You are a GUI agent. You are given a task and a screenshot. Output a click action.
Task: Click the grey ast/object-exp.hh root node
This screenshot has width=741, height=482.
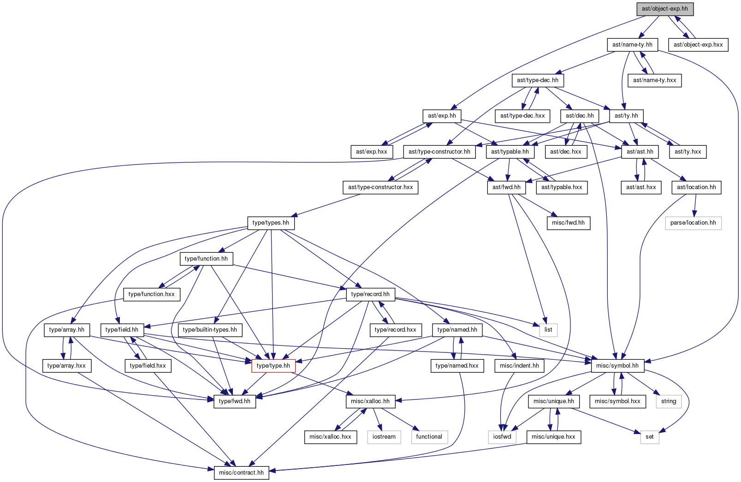[665, 9]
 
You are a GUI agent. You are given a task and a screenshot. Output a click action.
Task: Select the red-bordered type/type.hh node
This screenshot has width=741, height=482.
[273, 366]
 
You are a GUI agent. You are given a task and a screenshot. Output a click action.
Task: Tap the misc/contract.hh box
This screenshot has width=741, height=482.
[241, 473]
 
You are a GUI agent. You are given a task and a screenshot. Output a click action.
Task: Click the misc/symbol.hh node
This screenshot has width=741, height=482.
[617, 366]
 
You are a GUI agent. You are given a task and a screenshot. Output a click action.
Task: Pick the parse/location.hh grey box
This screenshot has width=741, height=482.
[693, 223]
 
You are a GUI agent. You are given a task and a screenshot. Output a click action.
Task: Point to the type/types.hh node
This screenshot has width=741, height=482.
[271, 223]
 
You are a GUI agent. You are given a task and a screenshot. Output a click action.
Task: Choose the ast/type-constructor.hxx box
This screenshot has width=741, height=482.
[380, 187]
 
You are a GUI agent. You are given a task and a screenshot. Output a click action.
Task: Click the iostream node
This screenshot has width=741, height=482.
[384, 437]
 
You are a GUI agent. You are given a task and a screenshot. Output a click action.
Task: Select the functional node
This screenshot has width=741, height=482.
[429, 437]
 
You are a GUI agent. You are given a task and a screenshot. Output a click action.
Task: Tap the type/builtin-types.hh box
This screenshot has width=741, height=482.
[210, 330]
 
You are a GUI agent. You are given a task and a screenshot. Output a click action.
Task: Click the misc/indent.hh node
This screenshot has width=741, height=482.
[519, 366]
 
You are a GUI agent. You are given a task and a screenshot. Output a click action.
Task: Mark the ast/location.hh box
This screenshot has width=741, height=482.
[696, 187]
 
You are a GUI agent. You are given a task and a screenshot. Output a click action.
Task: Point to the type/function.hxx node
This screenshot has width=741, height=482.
[152, 294]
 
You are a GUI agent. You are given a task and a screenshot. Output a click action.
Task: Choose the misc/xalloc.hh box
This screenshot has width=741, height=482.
[370, 401]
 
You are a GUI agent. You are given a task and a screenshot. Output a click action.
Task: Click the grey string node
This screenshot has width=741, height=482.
[669, 401]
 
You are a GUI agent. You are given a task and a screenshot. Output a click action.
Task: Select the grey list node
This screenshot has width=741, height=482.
[548, 330]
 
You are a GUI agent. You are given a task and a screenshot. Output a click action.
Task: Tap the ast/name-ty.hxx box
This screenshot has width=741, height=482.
[654, 80]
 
